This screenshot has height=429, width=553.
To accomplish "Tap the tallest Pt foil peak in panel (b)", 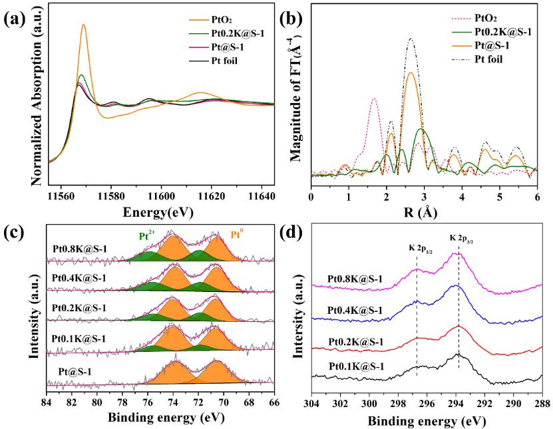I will [411, 39].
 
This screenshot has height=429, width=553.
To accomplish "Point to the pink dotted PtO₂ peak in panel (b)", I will [374, 99].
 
